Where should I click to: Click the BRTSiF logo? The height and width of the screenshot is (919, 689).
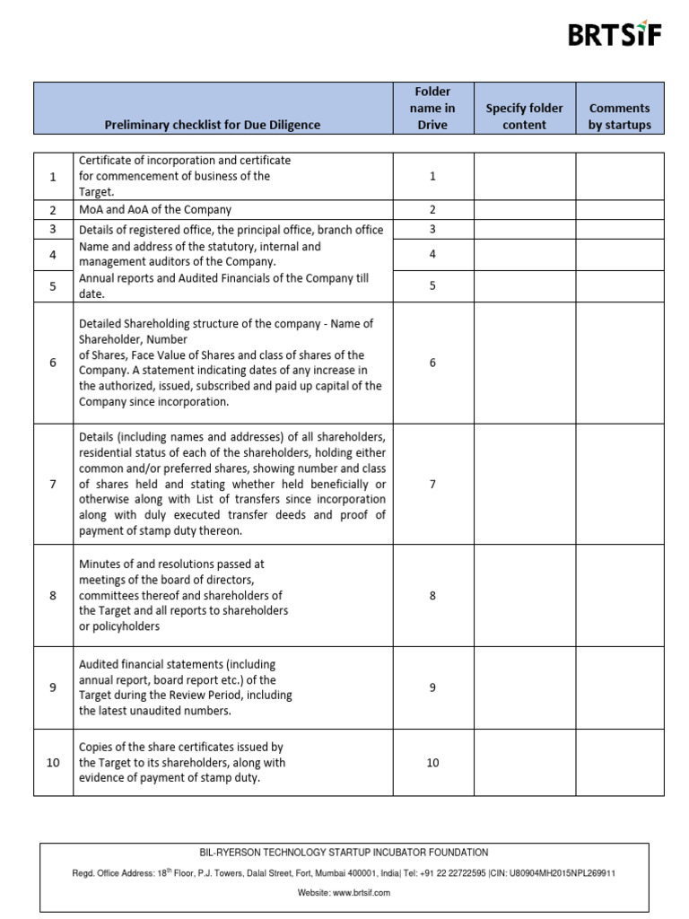615,35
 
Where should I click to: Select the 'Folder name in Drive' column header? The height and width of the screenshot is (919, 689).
432,108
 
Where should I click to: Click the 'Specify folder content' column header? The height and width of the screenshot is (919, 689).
524,116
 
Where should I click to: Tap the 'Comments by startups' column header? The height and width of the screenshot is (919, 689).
619,116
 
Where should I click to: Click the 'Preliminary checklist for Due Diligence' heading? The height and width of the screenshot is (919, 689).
213,125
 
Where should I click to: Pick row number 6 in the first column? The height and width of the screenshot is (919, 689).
53,363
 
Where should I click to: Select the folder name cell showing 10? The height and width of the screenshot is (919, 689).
432,762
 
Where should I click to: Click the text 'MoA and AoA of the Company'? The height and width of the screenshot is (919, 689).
155,209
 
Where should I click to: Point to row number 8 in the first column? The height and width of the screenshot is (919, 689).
53,594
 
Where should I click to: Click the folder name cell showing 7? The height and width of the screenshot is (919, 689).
432,484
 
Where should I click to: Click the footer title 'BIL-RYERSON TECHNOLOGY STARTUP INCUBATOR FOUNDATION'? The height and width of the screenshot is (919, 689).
344,853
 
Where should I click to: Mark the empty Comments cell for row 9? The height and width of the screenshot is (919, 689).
619,687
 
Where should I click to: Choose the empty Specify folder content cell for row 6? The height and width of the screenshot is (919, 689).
524,363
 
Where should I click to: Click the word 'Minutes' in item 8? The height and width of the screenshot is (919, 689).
99,565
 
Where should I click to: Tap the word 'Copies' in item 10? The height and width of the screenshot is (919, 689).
96,747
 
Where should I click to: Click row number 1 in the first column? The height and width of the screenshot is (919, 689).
53,177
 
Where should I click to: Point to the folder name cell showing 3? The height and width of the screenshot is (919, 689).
432,229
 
